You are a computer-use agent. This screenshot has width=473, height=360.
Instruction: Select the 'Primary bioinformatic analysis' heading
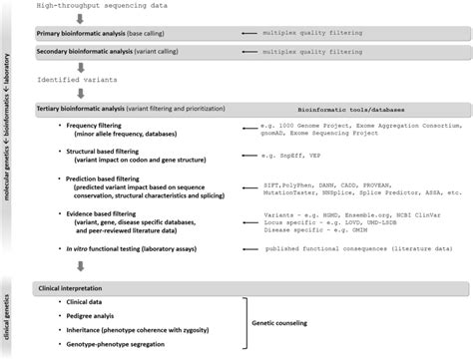point(82,34)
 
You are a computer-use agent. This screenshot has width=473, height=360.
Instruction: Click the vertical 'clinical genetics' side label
point(9,313)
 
